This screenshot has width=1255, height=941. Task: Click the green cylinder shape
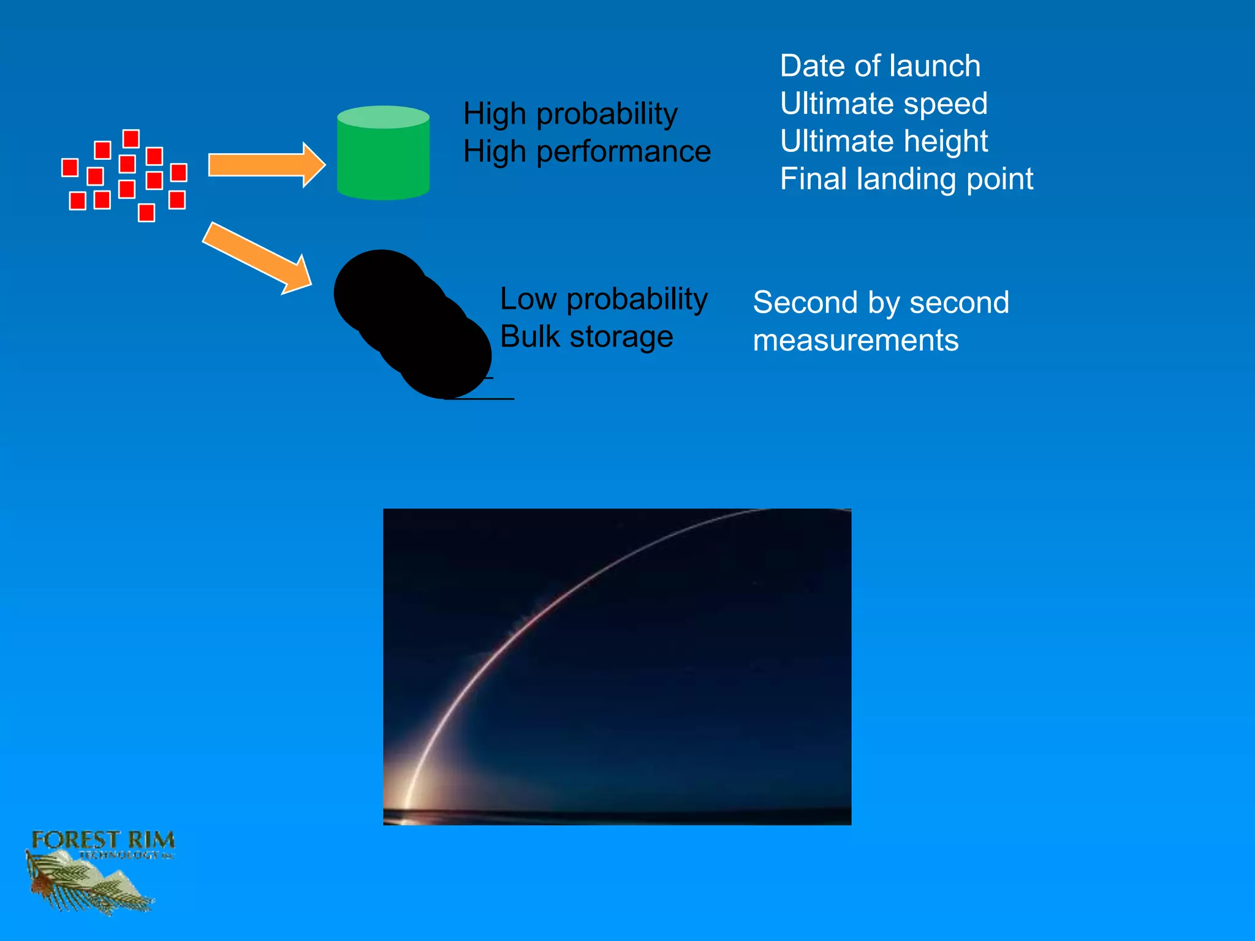point(383,154)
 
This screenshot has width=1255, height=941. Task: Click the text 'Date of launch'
point(880,66)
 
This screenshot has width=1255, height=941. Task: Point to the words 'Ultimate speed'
point(884,104)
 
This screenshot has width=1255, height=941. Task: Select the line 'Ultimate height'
point(884,142)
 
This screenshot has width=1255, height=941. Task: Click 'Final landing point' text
point(906,180)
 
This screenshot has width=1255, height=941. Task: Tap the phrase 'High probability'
point(570,114)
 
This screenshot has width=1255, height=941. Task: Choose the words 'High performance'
point(586,152)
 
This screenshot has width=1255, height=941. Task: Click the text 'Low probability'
point(604,299)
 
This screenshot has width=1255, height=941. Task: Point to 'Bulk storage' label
point(586,337)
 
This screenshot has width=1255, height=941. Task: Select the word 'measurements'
point(855,341)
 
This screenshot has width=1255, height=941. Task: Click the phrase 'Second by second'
point(881,303)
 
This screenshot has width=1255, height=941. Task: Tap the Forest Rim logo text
point(103,840)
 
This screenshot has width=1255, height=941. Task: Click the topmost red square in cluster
point(131,138)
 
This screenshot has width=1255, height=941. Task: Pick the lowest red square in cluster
point(146,213)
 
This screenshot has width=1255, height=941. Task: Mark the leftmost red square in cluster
point(70,167)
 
